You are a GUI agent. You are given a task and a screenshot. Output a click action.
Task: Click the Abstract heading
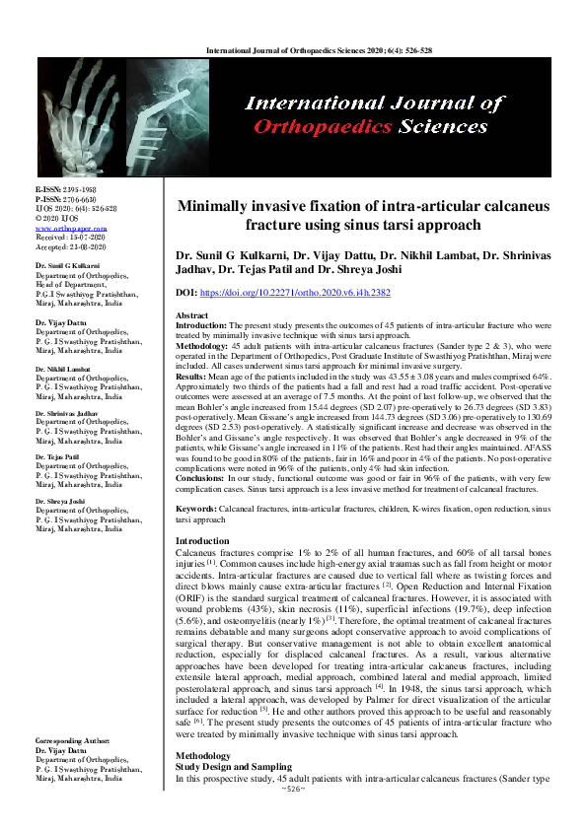tap(191, 315)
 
